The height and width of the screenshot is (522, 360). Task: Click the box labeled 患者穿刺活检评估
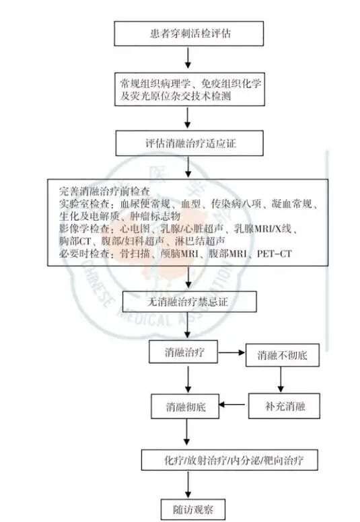pos(189,34)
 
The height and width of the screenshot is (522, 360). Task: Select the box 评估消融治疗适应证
pos(190,143)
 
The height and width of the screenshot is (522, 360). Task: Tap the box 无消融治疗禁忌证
pos(190,301)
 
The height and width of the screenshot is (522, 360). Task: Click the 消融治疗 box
pos(183,352)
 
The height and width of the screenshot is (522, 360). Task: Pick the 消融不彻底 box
pos(283,355)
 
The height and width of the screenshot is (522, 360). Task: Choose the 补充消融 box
pos(284,406)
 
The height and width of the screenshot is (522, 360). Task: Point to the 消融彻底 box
pos(185,406)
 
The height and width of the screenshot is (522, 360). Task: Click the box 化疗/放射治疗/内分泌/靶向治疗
pos(229,460)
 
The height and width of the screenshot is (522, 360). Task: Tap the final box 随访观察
pos(193,509)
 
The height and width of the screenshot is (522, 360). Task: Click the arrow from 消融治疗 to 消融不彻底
pos(231,352)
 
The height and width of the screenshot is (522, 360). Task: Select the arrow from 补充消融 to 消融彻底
pos(231,405)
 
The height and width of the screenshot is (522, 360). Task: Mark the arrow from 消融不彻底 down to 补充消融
pos(281,379)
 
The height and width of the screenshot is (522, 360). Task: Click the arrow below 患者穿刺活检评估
pos(188,58)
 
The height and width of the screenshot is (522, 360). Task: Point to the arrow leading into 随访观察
pos(188,485)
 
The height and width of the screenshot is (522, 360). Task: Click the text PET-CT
pos(274,254)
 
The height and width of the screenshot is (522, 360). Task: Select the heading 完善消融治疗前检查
pos(104,191)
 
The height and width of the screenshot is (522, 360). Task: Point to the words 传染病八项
pos(236,204)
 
